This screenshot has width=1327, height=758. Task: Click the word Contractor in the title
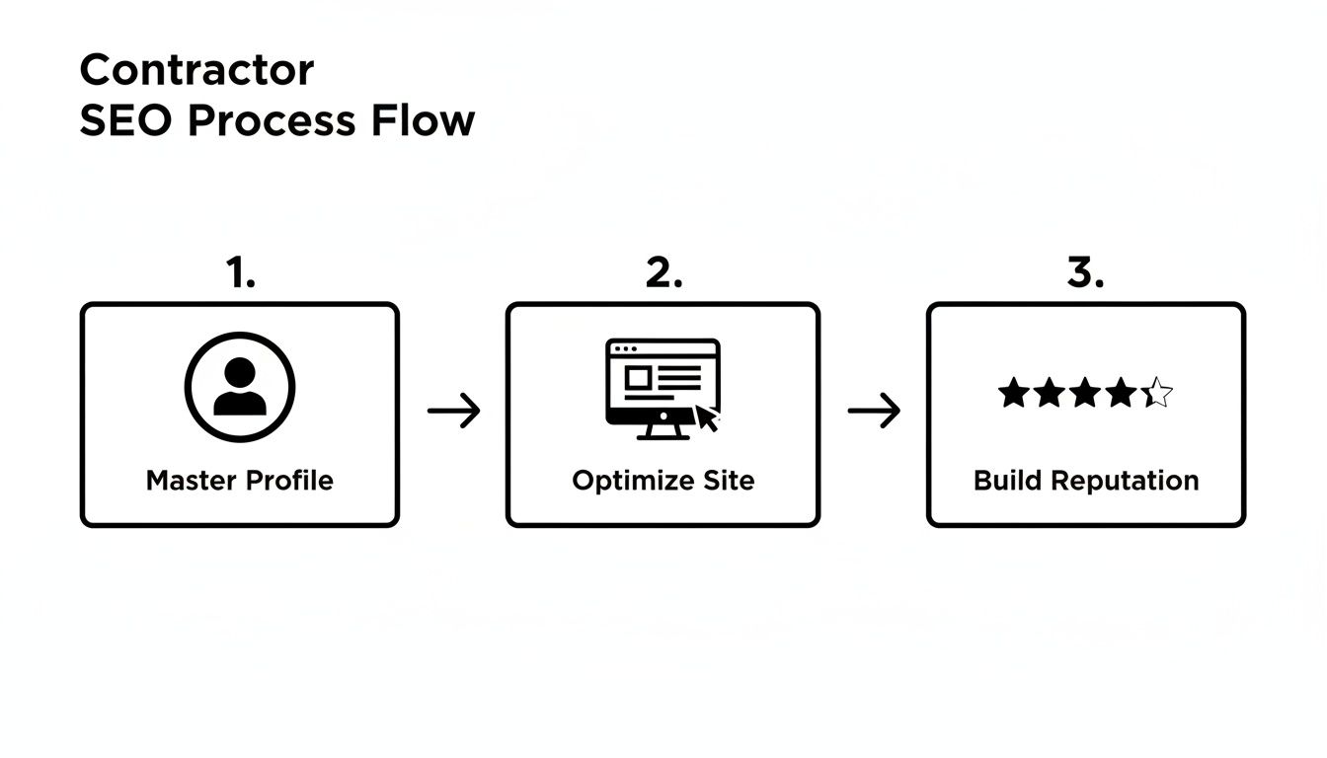pyautogui.click(x=196, y=70)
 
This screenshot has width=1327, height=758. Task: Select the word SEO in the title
pyautogui.click(x=126, y=120)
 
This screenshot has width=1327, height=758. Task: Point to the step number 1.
pyautogui.click(x=240, y=273)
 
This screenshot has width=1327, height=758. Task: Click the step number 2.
pyautogui.click(x=663, y=273)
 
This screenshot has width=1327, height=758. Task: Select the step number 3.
pyautogui.click(x=1085, y=273)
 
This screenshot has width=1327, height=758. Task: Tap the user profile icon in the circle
pyautogui.click(x=240, y=387)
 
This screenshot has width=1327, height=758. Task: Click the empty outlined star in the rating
pyautogui.click(x=1158, y=394)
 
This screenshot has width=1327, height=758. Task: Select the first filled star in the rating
pyautogui.click(x=1013, y=394)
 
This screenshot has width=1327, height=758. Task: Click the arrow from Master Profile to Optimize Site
pyautogui.click(x=454, y=411)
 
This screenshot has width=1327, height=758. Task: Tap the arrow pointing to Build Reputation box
pyautogui.click(x=875, y=411)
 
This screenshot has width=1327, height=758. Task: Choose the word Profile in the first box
pyautogui.click(x=289, y=481)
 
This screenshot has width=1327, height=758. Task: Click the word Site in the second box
pyautogui.click(x=729, y=481)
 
